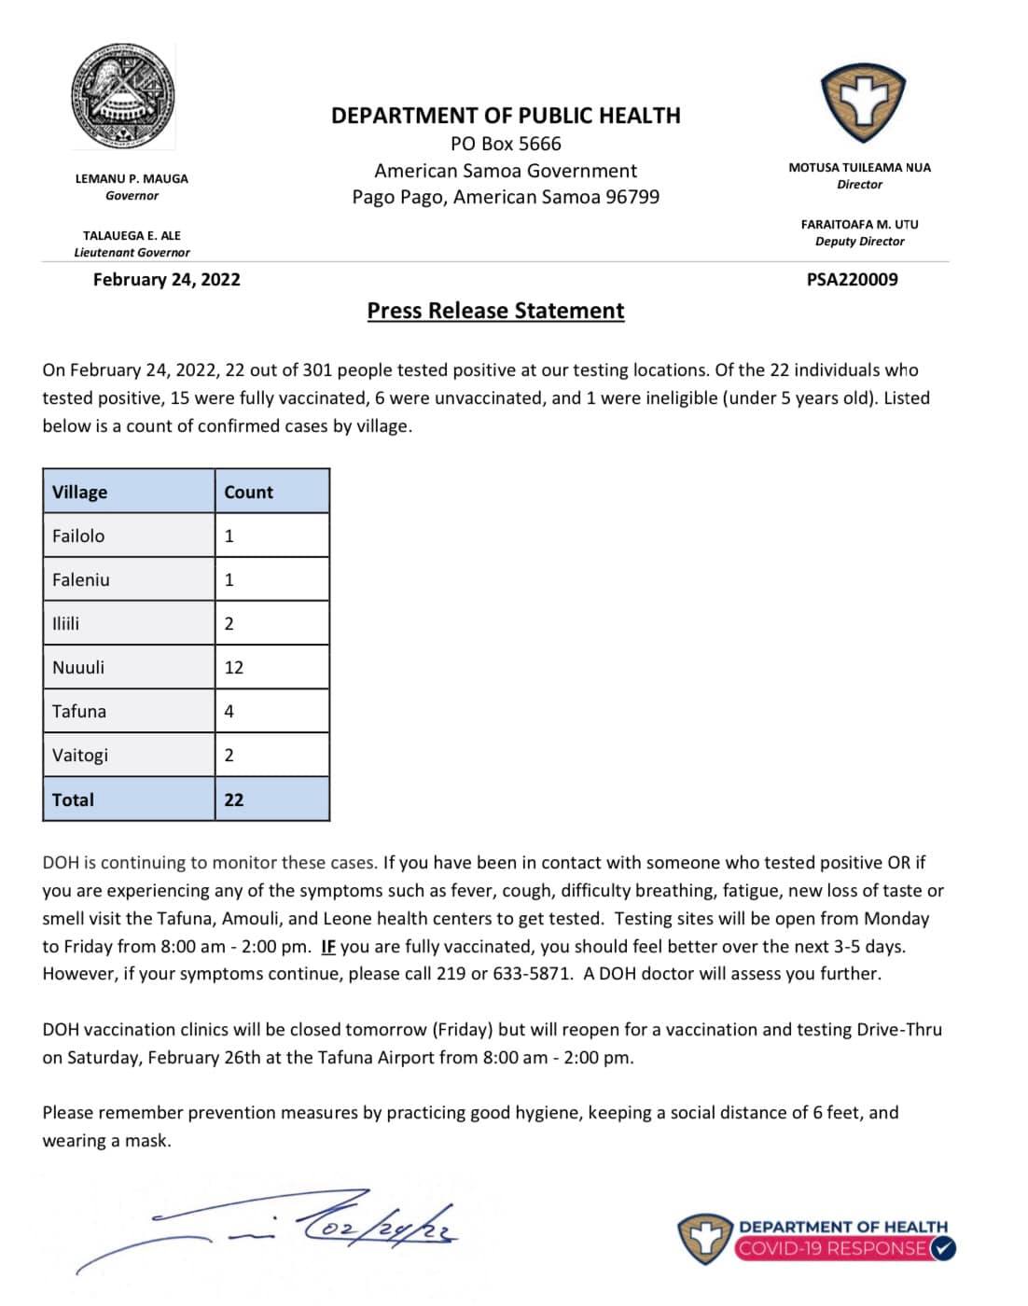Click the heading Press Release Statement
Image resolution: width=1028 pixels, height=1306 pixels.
[495, 311]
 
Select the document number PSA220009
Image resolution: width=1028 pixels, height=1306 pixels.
[852, 279]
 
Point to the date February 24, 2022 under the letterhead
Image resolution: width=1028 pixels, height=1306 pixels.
[166, 279]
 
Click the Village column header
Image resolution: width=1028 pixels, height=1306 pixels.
[80, 492]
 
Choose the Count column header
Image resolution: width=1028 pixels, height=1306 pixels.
[248, 492]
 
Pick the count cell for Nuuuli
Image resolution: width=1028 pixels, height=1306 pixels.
[233, 667]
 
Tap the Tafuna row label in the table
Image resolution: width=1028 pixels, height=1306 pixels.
[79, 711]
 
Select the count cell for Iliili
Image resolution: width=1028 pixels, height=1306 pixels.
[229, 623]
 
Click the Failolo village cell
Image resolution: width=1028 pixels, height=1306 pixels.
[78, 535]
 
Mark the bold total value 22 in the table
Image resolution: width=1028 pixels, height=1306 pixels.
[233, 799]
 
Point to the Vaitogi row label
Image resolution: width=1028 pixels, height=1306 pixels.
[80, 755]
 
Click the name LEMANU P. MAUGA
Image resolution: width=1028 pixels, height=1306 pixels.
[132, 178]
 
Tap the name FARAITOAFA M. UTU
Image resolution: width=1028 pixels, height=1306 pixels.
[859, 224]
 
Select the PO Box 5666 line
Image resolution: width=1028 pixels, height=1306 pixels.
[506, 144]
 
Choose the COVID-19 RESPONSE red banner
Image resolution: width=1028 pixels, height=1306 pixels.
[835, 1248]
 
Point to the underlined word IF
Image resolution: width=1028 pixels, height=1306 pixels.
[327, 946]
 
